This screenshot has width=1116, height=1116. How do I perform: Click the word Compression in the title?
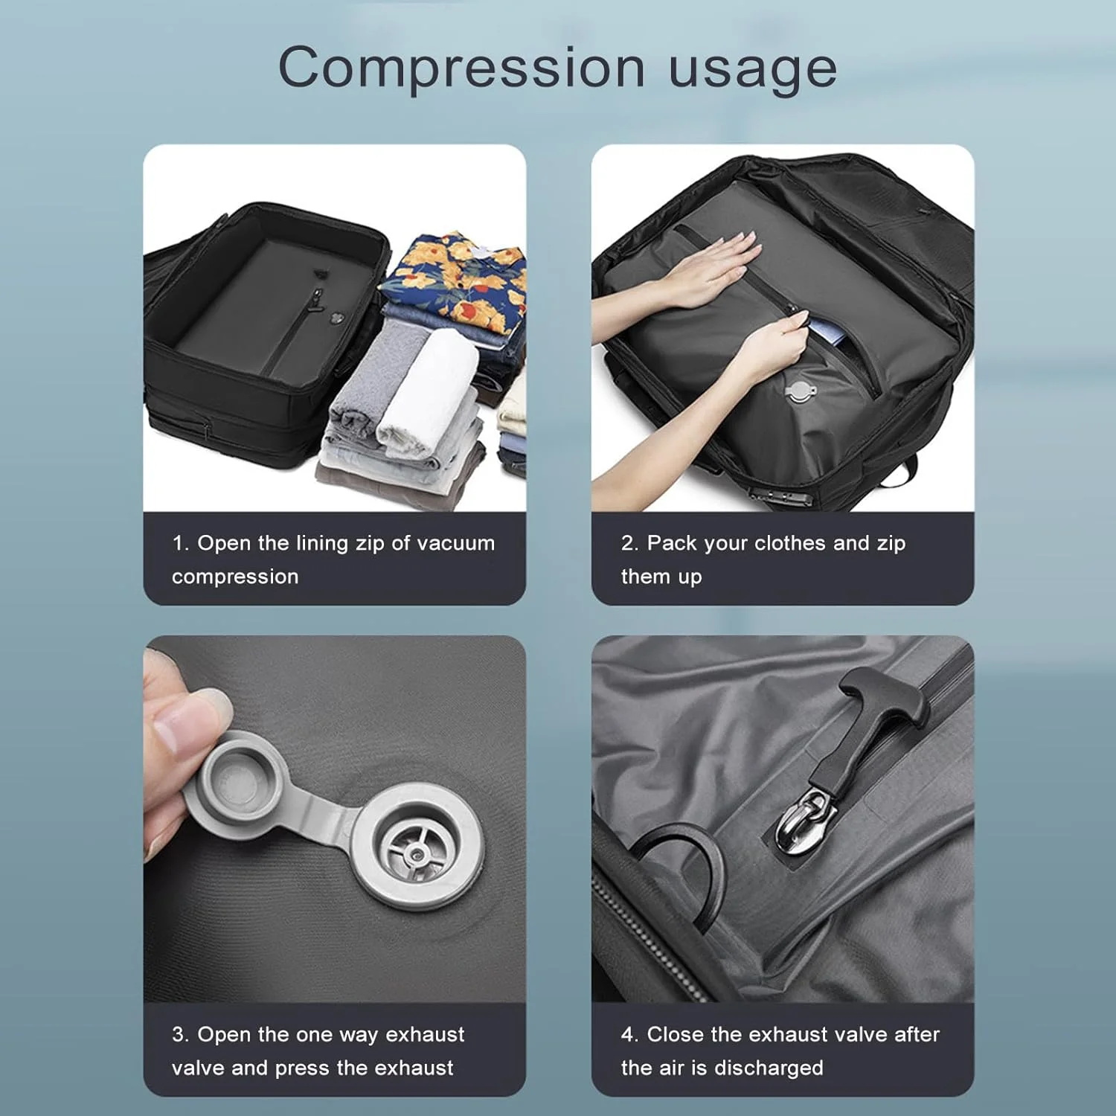coord(461,68)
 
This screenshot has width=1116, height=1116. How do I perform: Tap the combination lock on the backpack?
coord(771,493)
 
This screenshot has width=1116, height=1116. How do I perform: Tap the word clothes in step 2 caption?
coord(790,543)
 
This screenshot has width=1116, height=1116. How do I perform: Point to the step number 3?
coord(179,1035)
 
